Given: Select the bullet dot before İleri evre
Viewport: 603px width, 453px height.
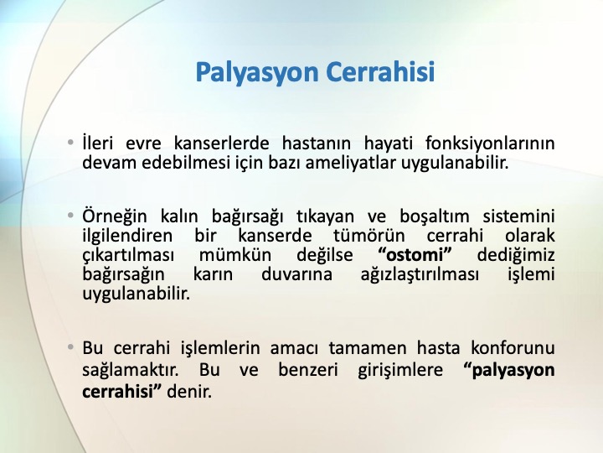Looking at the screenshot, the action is [x=70, y=143].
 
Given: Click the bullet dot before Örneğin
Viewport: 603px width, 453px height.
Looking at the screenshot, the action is [x=70, y=215].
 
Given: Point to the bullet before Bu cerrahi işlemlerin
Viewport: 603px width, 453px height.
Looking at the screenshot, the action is [x=70, y=347].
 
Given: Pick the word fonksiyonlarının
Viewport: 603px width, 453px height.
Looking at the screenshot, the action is [x=490, y=143].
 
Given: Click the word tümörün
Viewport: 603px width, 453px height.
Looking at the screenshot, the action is [x=368, y=236].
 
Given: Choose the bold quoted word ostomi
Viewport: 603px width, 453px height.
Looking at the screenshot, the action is [x=415, y=255].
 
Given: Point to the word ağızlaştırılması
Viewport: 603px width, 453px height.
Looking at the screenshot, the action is [x=420, y=275].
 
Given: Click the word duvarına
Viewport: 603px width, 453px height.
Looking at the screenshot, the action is [x=296, y=275].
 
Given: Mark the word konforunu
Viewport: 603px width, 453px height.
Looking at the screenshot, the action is [x=513, y=348].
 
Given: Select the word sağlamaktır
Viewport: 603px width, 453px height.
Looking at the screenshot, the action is [x=131, y=370].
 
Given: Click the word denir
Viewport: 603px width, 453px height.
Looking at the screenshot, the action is [x=189, y=392].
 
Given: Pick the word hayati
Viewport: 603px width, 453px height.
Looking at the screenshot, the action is [x=389, y=143].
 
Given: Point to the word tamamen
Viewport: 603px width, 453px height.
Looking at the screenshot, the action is [x=368, y=348].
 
